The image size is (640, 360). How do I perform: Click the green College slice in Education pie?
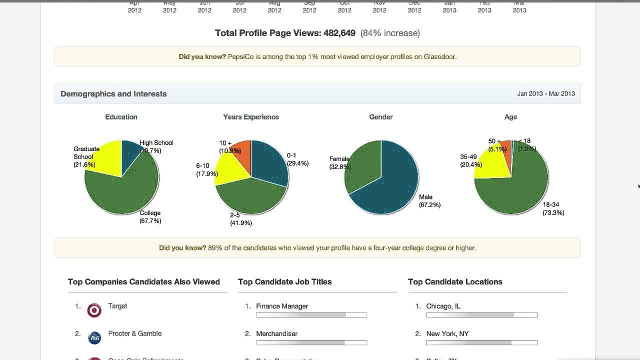pyautogui.click(x=122, y=192)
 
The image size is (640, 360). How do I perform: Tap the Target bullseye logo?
pyautogui.click(x=94, y=310)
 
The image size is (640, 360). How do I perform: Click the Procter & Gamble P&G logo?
pyautogui.click(x=94, y=338)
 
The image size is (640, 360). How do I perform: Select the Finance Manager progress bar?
pyautogui.click(x=311, y=315)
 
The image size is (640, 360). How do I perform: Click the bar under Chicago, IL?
pyautogui.click(x=481, y=315)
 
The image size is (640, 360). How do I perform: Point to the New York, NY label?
pyautogui.click(x=447, y=333)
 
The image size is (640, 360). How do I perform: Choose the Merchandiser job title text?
pyautogui.click(x=276, y=333)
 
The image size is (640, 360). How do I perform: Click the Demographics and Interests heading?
pyautogui.click(x=113, y=94)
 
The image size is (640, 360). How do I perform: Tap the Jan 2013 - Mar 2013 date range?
pyautogui.click(x=545, y=93)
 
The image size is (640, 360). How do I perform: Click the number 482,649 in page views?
pyautogui.click(x=339, y=33)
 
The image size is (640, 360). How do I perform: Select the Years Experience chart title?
pyautogui.click(x=251, y=117)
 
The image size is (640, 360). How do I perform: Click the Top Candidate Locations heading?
pyautogui.click(x=455, y=282)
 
